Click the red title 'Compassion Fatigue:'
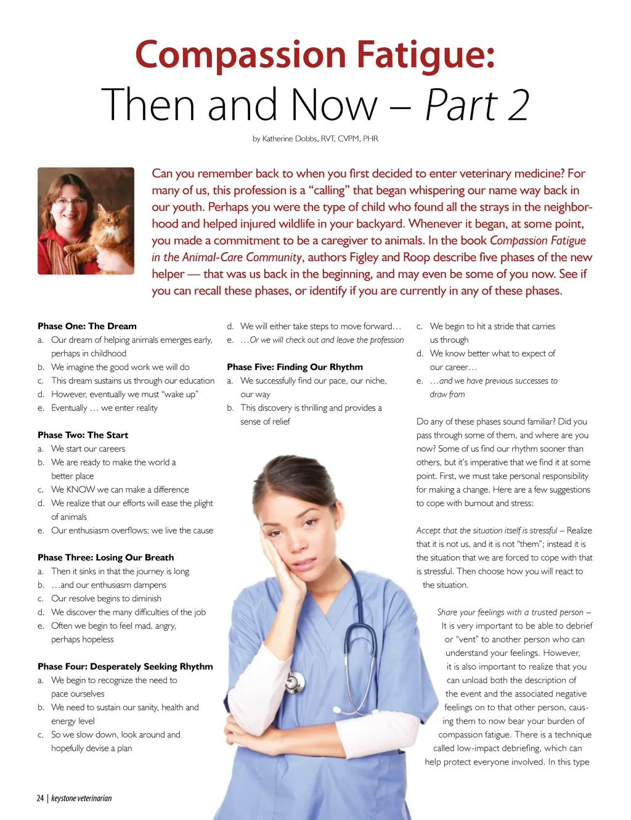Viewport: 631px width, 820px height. [x=315, y=54]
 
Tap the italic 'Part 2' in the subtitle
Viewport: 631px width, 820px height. [x=477, y=105]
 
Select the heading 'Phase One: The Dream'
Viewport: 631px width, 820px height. [x=87, y=326]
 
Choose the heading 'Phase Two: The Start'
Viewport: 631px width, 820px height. [x=83, y=435]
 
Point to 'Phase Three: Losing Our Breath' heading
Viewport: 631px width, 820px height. [x=105, y=557]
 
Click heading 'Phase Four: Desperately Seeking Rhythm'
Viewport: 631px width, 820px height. [x=125, y=666]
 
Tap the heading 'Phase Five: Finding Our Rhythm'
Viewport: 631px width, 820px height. [x=295, y=367]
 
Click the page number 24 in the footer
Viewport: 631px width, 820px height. [x=40, y=798]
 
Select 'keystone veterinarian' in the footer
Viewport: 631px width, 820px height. [x=81, y=798]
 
